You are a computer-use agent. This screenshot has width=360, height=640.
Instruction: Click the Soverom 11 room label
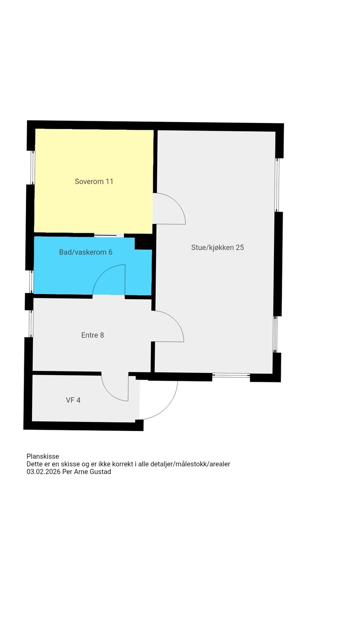pyautogui.click(x=94, y=181)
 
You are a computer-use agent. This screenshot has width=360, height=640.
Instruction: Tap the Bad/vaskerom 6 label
pyautogui.click(x=86, y=252)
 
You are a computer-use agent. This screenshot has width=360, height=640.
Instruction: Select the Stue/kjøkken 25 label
pyautogui.click(x=217, y=247)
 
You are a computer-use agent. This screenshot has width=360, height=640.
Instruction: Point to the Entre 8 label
pyautogui.click(x=92, y=335)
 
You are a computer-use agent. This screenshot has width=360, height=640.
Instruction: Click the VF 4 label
pyautogui.click(x=73, y=400)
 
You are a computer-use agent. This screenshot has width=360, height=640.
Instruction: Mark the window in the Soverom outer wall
pyautogui.click(x=33, y=167)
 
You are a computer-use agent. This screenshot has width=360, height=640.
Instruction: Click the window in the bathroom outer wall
pyautogui.click(x=31, y=282)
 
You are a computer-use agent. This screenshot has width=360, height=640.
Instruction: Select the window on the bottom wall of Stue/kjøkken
pyautogui.click(x=231, y=375)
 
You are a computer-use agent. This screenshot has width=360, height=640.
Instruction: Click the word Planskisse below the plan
pyautogui.click(x=43, y=456)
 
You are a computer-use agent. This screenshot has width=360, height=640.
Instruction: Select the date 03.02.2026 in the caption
pyautogui.click(x=43, y=472)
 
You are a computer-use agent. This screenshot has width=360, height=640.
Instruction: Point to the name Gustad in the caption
pyautogui.click(x=101, y=472)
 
